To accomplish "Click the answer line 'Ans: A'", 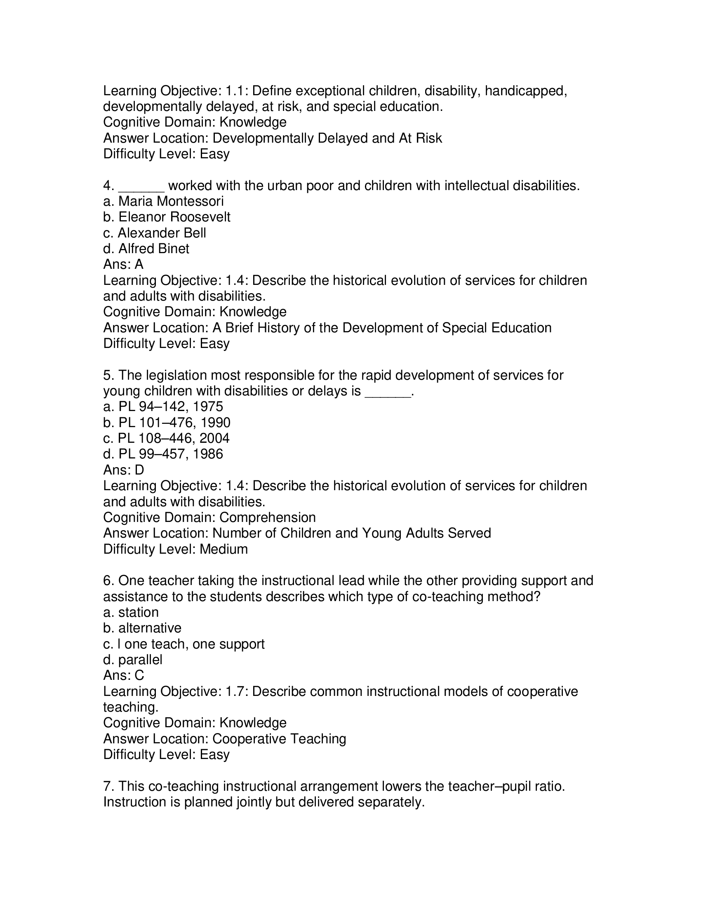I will coord(123,265).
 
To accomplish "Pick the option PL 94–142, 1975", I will coord(163,407).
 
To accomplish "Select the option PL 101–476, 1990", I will coord(167,423).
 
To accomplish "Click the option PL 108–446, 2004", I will coord(166,439).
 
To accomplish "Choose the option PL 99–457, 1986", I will coord(163,454).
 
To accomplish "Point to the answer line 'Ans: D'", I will coord(123,470).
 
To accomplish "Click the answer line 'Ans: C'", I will coord(123,676).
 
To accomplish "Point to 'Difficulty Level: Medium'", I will coord(175,549).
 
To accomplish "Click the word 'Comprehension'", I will coord(268,517).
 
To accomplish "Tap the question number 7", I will coord(108,787).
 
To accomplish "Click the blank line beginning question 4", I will coord(141,186).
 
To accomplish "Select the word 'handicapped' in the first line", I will coord(525,91).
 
